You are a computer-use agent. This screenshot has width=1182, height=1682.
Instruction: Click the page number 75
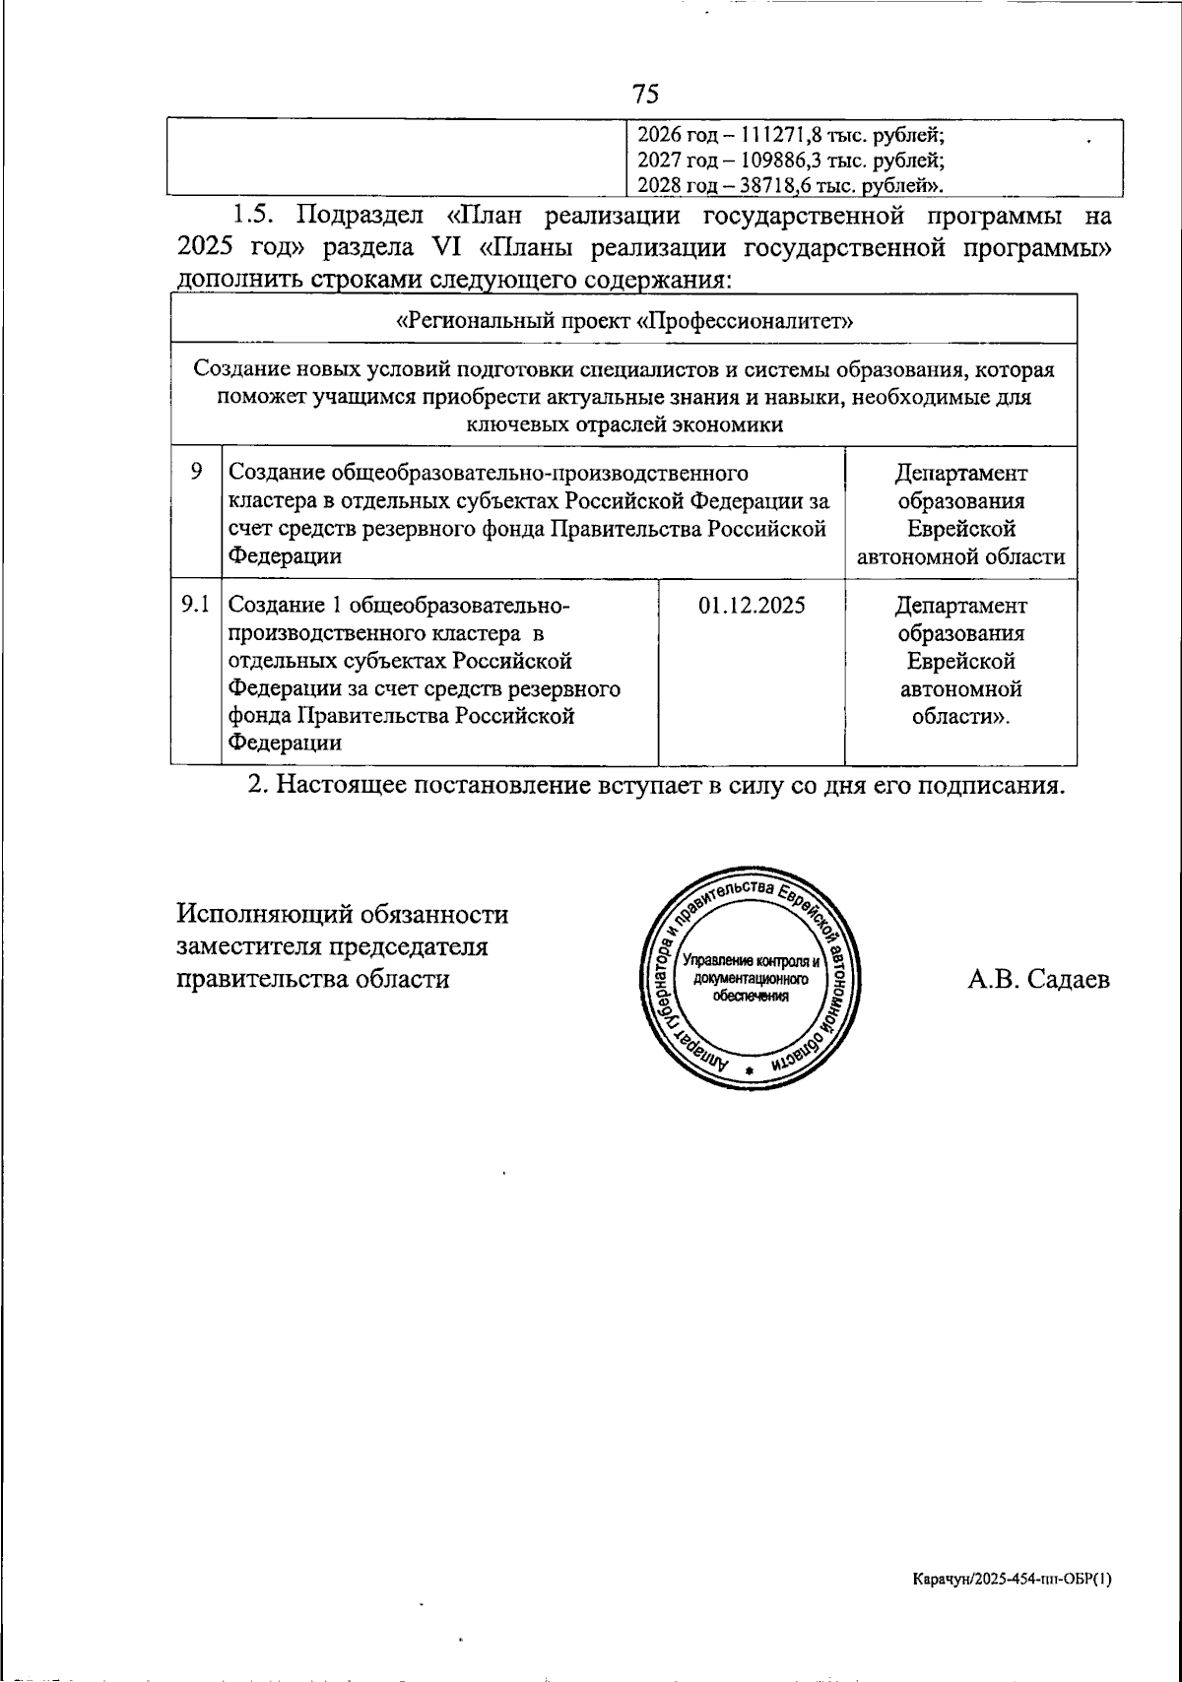tap(645, 94)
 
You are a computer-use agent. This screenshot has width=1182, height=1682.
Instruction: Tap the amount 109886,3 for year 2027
tap(768, 160)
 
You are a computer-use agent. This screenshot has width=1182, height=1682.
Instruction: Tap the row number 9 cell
tap(196, 473)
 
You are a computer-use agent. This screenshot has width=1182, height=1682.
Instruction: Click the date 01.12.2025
tap(752, 605)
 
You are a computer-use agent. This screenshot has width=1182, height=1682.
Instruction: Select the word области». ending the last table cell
tap(960, 716)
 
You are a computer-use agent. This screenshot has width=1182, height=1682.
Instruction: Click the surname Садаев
tap(1067, 979)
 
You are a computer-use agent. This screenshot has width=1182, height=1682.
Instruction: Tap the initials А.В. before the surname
tap(992, 979)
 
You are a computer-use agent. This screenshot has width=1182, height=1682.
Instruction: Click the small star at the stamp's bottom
tap(751, 1069)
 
